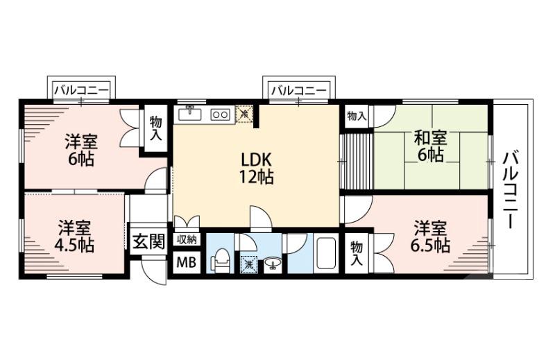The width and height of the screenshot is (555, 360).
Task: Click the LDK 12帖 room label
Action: pyautogui.click(x=255, y=168)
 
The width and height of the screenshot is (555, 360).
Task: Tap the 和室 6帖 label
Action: pyautogui.click(x=429, y=145)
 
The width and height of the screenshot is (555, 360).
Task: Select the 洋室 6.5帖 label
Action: pyautogui.click(x=431, y=236)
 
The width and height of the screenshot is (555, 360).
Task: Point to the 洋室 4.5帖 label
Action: pyautogui.click(x=74, y=236)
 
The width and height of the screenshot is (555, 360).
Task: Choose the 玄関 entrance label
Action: pyautogui.click(x=148, y=242)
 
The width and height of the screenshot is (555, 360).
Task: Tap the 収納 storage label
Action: pyautogui.click(x=186, y=240)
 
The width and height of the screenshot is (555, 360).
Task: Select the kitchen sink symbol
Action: pyautogui.click(x=189, y=113)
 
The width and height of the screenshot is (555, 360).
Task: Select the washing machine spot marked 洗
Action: pyautogui.click(x=248, y=263)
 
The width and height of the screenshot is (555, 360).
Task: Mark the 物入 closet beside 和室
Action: pyautogui.click(x=356, y=116)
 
